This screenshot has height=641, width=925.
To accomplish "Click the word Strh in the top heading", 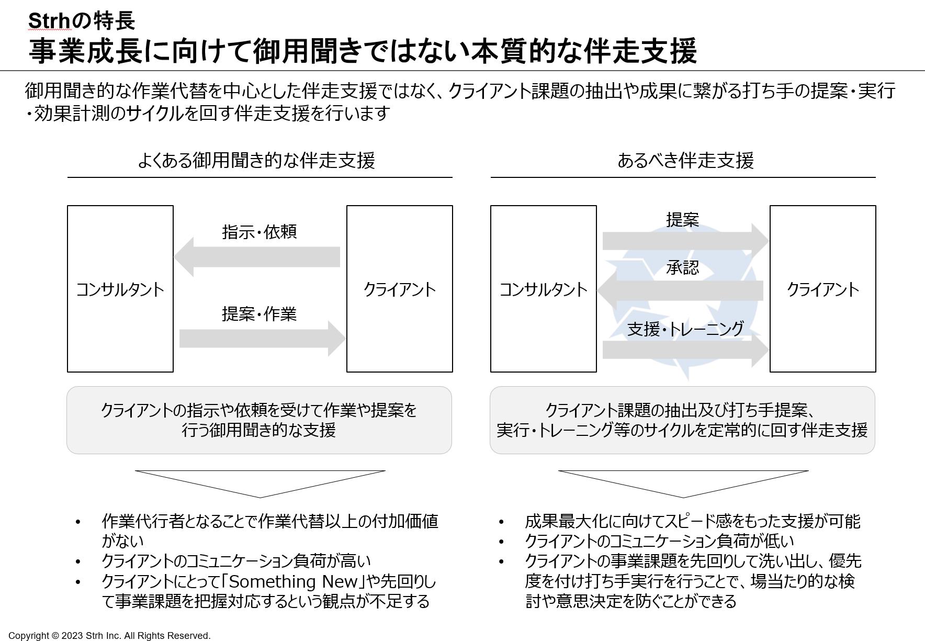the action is (x=49, y=21).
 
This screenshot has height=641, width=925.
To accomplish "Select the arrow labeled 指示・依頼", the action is (x=257, y=257).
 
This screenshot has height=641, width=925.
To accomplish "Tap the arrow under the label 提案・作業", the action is (x=262, y=339).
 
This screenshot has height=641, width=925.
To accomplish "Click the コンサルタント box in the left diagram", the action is (x=120, y=289).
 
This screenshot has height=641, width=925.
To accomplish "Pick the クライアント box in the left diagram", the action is (x=400, y=289).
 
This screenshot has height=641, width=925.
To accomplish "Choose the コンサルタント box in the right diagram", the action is (x=544, y=289).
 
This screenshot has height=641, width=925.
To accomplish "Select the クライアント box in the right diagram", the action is (x=823, y=289).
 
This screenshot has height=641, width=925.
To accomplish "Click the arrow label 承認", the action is (x=683, y=268).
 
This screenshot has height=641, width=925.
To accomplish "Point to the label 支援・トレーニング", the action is (x=685, y=329).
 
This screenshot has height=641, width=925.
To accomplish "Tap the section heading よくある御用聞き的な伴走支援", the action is (x=256, y=160).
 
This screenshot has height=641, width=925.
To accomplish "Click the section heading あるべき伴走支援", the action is (x=685, y=160).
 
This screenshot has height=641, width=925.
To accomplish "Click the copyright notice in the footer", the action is (x=109, y=635).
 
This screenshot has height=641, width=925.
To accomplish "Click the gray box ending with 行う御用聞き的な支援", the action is (x=259, y=420).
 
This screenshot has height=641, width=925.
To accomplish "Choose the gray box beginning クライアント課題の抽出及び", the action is (x=682, y=420).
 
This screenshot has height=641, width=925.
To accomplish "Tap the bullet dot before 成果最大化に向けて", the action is (x=501, y=522).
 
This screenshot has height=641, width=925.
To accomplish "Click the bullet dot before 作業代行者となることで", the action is (x=78, y=522).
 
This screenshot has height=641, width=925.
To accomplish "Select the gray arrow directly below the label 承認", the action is (x=680, y=290).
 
